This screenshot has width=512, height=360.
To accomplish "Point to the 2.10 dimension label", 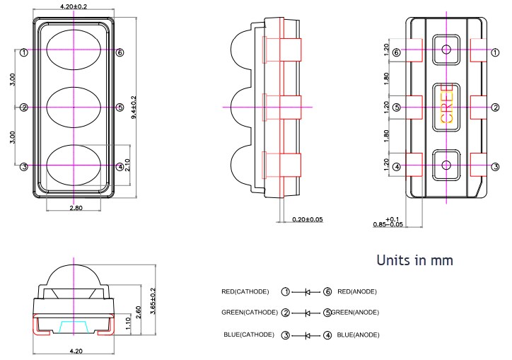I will (x=127, y=165).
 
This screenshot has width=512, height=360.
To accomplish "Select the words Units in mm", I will (x=414, y=260).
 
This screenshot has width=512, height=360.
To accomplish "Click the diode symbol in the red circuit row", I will (x=307, y=291).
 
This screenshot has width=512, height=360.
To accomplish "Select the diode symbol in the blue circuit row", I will (x=307, y=335).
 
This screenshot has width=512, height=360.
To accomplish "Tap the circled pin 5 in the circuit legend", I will (x=327, y=313).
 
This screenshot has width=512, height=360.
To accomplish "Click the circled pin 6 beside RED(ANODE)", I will (x=327, y=291).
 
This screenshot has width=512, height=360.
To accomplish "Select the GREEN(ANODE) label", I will (x=356, y=313).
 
